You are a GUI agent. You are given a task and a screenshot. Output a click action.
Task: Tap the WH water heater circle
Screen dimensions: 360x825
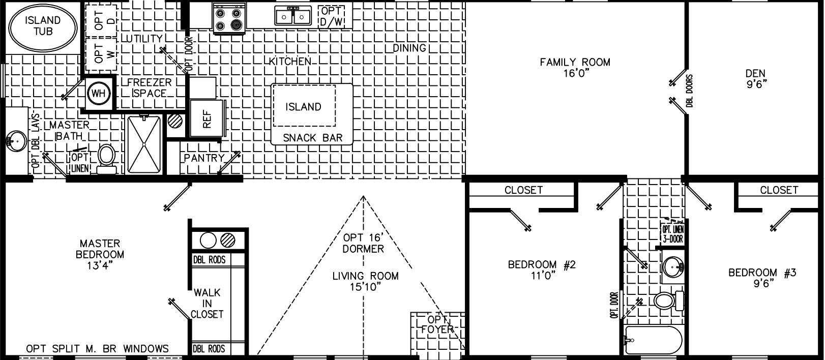pos(98,93)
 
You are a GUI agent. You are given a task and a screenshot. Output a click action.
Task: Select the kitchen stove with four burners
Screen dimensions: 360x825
pos(228,18)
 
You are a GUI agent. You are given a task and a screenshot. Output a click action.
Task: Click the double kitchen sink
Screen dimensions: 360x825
pos(293,17)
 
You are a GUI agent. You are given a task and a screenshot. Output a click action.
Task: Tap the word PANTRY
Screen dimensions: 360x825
pos(204,158)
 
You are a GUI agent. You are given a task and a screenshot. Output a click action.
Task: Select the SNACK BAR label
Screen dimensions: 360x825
pos(312,137)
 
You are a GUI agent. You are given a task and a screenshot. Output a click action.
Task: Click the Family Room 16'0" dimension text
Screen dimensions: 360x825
pos(575,74)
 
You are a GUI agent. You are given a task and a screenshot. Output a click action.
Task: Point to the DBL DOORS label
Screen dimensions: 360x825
pos(689,92)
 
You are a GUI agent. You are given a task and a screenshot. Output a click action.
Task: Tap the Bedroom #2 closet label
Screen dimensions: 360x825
pos(523,190)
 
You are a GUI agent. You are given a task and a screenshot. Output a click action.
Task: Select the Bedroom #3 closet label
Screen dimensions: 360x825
pos(779,190)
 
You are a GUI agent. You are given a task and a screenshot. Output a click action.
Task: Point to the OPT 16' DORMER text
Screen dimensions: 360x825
pos(363,243)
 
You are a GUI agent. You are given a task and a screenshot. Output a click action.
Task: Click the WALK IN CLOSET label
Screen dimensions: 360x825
pos(207,303)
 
